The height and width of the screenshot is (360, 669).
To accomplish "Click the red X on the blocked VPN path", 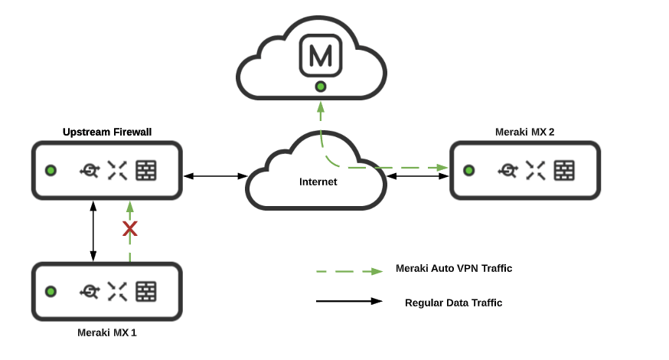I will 130,228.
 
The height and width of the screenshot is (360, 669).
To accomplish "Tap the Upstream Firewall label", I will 107,132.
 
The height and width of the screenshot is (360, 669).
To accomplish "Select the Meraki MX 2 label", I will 525,132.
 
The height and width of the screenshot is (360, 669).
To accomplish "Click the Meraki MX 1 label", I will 107,332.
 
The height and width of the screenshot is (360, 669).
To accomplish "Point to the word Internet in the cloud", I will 318,182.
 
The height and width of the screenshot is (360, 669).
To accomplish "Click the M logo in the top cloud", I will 321,56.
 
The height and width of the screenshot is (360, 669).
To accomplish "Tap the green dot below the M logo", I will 321,87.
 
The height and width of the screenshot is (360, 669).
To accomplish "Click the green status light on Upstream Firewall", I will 51,170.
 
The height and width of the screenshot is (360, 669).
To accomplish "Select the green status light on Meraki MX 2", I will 469,170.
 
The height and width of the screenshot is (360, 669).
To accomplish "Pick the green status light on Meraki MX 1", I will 51,291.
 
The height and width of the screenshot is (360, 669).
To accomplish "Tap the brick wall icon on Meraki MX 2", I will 564,170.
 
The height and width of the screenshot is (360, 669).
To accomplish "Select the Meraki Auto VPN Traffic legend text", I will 454,268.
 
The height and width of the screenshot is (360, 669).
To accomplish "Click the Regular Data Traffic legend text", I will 453,303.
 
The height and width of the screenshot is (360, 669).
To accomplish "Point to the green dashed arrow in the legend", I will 349,271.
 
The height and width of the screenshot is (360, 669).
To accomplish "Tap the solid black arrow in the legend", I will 349,301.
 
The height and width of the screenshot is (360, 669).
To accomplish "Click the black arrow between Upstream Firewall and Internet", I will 214,176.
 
